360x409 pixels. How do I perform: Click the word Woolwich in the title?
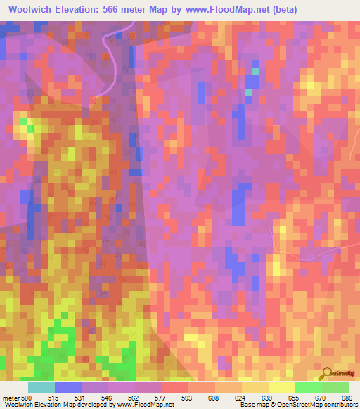32,9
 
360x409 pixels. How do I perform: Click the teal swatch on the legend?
41,387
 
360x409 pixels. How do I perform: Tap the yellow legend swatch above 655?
281,387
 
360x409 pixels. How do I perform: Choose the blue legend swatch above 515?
68,387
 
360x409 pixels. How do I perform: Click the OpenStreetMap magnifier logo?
326,373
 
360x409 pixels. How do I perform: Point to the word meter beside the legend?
11,398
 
